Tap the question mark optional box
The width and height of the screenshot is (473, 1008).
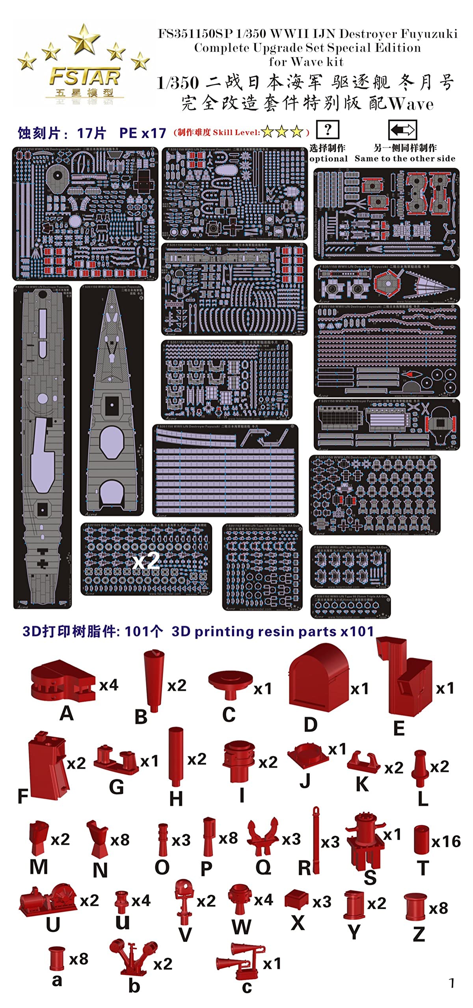(327, 130)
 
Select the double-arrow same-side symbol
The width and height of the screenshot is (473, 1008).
(402, 130)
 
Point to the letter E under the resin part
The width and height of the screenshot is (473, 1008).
(399, 728)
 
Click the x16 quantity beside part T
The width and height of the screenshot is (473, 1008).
(446, 841)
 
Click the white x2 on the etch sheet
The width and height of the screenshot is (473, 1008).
(146, 561)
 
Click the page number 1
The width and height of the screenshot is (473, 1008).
(452, 983)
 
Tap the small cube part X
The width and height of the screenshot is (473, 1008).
(296, 899)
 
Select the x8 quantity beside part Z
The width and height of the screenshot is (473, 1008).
(438, 908)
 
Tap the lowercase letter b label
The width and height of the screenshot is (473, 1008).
(134, 986)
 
